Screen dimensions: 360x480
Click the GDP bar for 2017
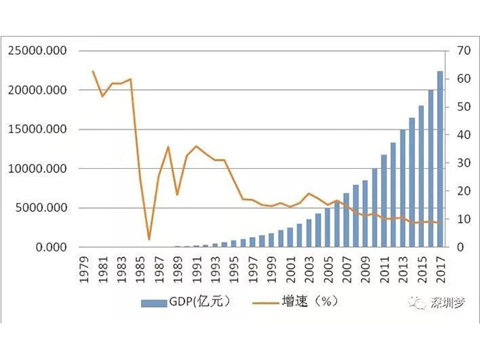440,160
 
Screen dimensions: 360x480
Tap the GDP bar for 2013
403,188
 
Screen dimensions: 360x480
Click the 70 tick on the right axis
458,51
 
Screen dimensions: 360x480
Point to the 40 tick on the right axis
458,135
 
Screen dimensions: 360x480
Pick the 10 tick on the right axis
458,219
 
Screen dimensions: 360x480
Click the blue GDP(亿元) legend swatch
154,302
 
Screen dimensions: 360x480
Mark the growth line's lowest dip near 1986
149,239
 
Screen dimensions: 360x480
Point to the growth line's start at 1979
93,71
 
